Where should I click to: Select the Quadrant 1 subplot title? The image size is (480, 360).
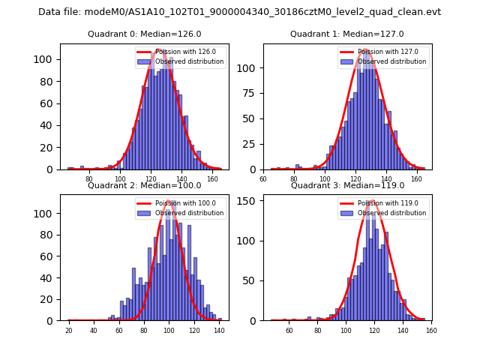click(x=346, y=34)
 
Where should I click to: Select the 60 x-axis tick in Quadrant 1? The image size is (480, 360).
click(x=263, y=179)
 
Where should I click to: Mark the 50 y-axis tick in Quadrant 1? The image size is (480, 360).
click(x=251, y=118)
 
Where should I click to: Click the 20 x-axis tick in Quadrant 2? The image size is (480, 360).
click(x=68, y=330)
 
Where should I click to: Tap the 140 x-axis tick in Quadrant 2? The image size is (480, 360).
click(x=218, y=330)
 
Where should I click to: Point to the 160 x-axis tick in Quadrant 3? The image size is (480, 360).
click(x=431, y=330)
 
